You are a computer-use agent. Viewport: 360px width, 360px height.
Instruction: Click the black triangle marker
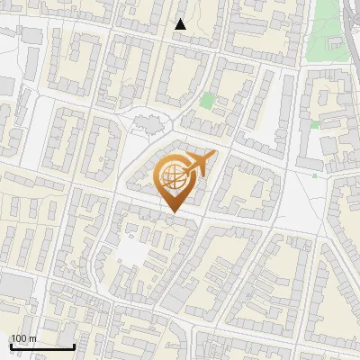(181, 25)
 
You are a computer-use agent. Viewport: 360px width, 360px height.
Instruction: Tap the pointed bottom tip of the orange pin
(173, 212)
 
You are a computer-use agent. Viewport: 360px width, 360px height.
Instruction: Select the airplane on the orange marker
(196, 166)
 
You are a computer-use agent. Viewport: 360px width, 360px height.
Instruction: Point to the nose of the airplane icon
(213, 157)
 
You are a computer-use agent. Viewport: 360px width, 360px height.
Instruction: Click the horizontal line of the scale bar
(42, 346)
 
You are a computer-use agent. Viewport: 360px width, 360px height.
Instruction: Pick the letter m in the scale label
(32, 338)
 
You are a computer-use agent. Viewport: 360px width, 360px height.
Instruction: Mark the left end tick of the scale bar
(11, 344)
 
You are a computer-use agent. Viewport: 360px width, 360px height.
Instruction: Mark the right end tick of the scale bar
(74, 344)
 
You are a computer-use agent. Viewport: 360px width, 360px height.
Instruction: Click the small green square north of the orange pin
(208, 101)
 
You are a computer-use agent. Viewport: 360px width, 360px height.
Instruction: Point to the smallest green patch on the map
(314, 175)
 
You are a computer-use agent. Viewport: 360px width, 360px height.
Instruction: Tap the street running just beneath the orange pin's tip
(180, 220)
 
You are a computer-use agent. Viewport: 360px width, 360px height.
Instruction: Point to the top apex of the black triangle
(181, 19)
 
